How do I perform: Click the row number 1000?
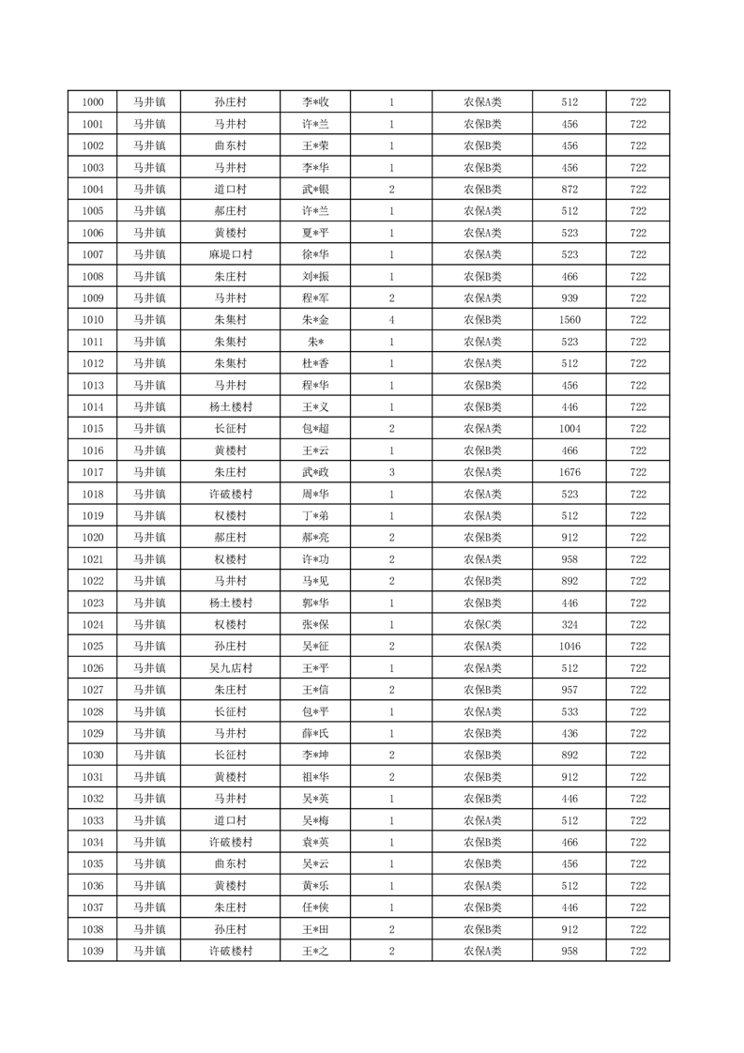click(93, 102)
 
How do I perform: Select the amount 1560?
click(569, 320)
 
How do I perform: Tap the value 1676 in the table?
click(569, 472)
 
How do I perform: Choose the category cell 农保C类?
click(482, 625)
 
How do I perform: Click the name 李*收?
click(314, 102)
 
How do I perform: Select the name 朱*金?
click(314, 320)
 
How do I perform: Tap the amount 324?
click(569, 625)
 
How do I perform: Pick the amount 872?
click(569, 190)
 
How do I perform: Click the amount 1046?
click(569, 647)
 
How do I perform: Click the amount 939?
click(569, 298)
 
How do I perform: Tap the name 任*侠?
click(314, 908)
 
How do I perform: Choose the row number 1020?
click(93, 538)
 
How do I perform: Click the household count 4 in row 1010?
click(391, 320)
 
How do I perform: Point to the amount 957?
click(569, 690)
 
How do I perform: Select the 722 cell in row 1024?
click(638, 625)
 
